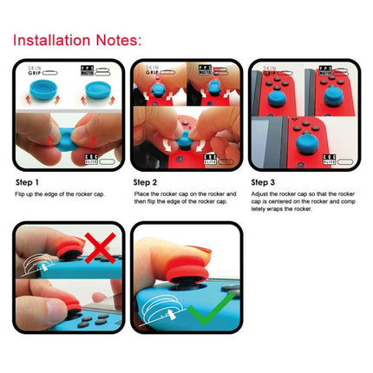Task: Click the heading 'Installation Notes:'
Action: point(76,40)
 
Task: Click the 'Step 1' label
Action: point(28,183)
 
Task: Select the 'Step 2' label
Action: point(145,183)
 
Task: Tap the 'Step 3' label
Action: point(263,183)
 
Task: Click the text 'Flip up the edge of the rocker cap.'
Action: point(60,193)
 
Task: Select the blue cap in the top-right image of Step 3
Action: point(333,87)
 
